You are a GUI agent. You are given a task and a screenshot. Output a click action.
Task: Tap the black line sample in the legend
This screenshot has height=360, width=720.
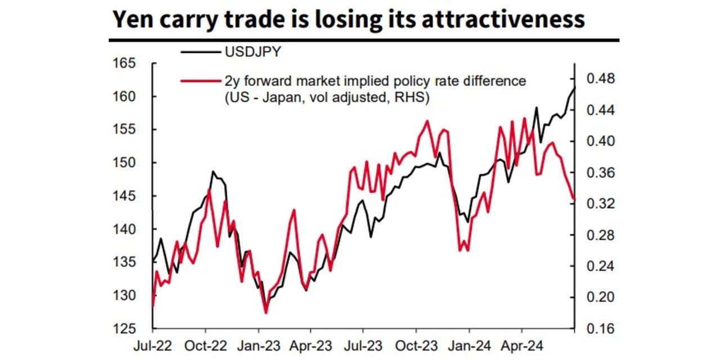point(199,53)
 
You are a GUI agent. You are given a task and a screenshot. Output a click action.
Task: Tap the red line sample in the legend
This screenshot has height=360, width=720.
point(199,81)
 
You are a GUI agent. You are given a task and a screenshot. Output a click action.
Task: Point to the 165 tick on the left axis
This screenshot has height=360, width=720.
point(134,64)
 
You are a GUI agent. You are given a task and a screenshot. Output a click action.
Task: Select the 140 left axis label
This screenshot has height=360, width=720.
point(134,229)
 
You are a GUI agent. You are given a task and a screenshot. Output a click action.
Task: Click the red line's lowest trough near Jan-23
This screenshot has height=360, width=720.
point(266,313)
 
